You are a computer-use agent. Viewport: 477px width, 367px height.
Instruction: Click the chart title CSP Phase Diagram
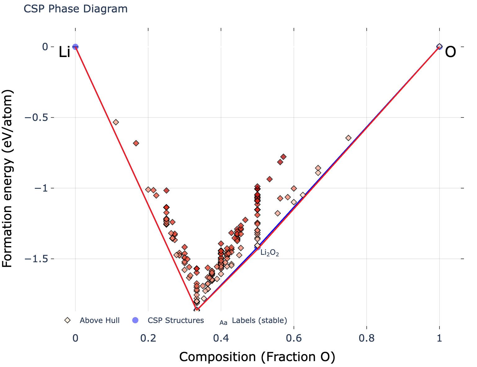pos(75,9)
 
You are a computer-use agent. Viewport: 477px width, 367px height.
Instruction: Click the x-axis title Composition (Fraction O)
pos(257,357)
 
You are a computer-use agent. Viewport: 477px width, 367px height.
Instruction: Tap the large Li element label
pos(65,53)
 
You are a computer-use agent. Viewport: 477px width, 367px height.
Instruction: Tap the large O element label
pos(450,52)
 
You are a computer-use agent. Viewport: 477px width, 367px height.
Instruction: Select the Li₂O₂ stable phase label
pos(270,253)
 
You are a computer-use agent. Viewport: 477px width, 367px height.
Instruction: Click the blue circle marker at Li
pos(75,47)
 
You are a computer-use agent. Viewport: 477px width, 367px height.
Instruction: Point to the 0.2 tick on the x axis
pos(148,338)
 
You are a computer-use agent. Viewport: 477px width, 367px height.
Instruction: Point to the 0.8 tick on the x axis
pos(367,338)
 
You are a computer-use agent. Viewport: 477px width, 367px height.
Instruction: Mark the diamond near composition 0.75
pos(348,138)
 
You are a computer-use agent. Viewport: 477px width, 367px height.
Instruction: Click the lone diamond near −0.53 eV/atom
pos(116,122)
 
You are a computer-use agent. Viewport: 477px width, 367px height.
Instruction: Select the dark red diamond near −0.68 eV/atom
pos(136,143)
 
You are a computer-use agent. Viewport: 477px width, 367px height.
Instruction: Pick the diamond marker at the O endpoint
pos(439,46)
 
